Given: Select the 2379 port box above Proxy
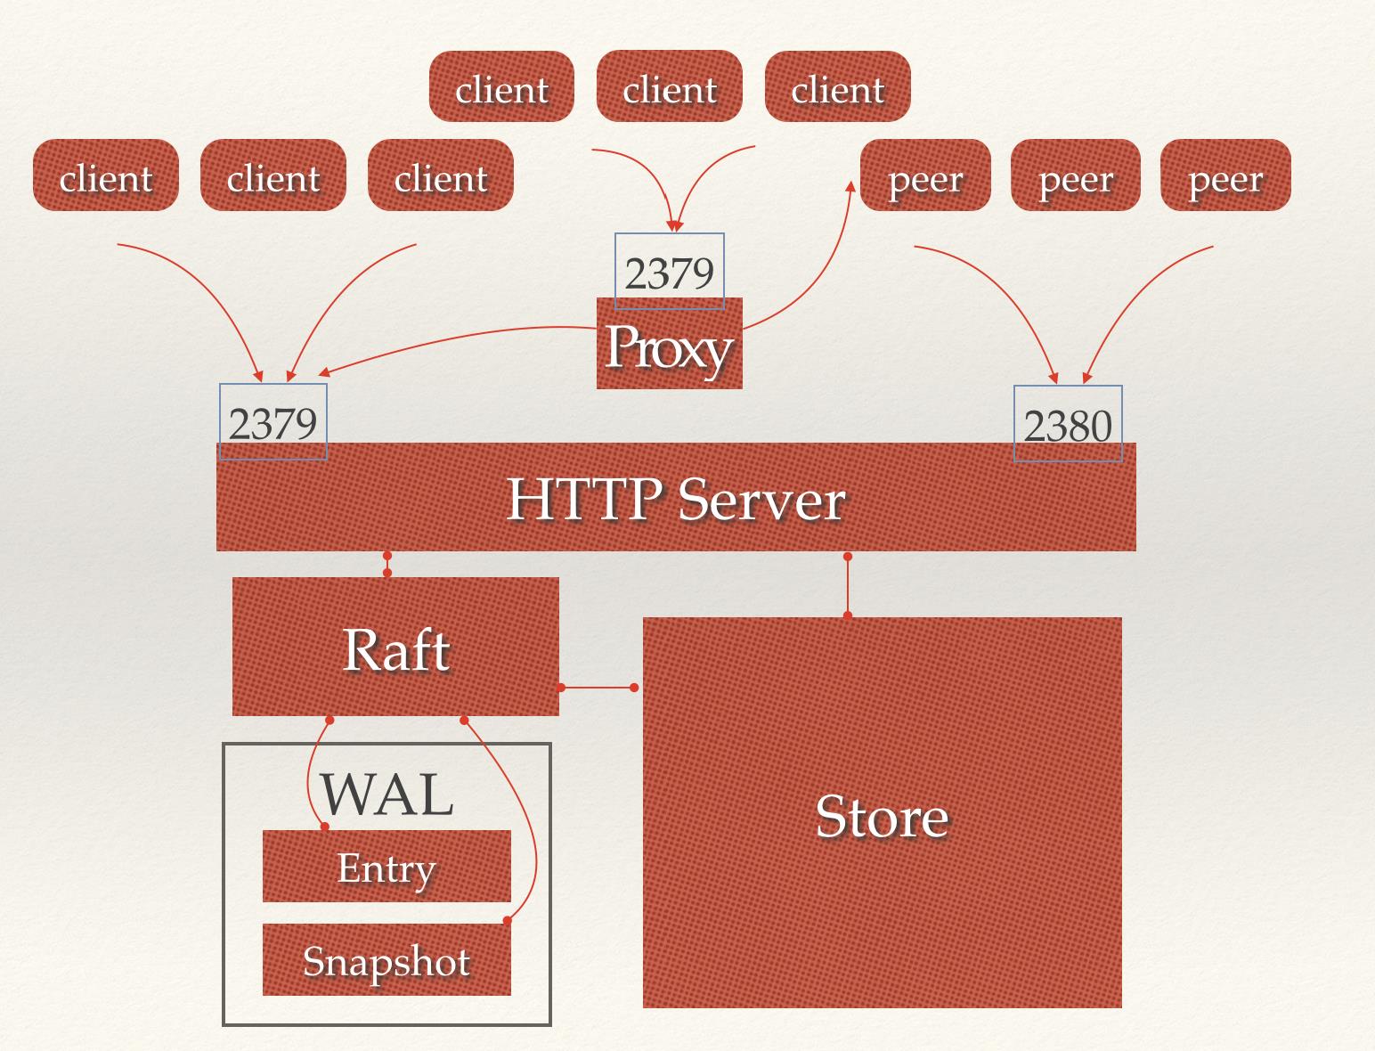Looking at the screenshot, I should point(670,272).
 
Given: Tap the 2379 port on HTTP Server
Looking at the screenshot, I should point(273,422).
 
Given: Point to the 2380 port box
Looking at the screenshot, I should point(1068,424).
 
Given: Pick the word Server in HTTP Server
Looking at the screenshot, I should point(761,500).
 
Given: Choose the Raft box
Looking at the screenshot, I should point(395,648).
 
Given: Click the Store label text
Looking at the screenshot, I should point(882,815).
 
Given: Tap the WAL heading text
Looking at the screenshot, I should point(386,794).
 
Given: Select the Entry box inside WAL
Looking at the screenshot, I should point(386,867).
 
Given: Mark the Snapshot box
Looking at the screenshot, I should point(386,960).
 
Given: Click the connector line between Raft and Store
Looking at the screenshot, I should point(598,688).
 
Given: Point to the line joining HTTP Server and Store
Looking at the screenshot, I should point(847,586).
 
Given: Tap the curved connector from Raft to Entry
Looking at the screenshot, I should point(311,775).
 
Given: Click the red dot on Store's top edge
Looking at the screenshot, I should point(847,615).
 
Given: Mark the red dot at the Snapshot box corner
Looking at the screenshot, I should point(507,920).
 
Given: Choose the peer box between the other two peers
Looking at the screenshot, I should point(1076,175).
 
